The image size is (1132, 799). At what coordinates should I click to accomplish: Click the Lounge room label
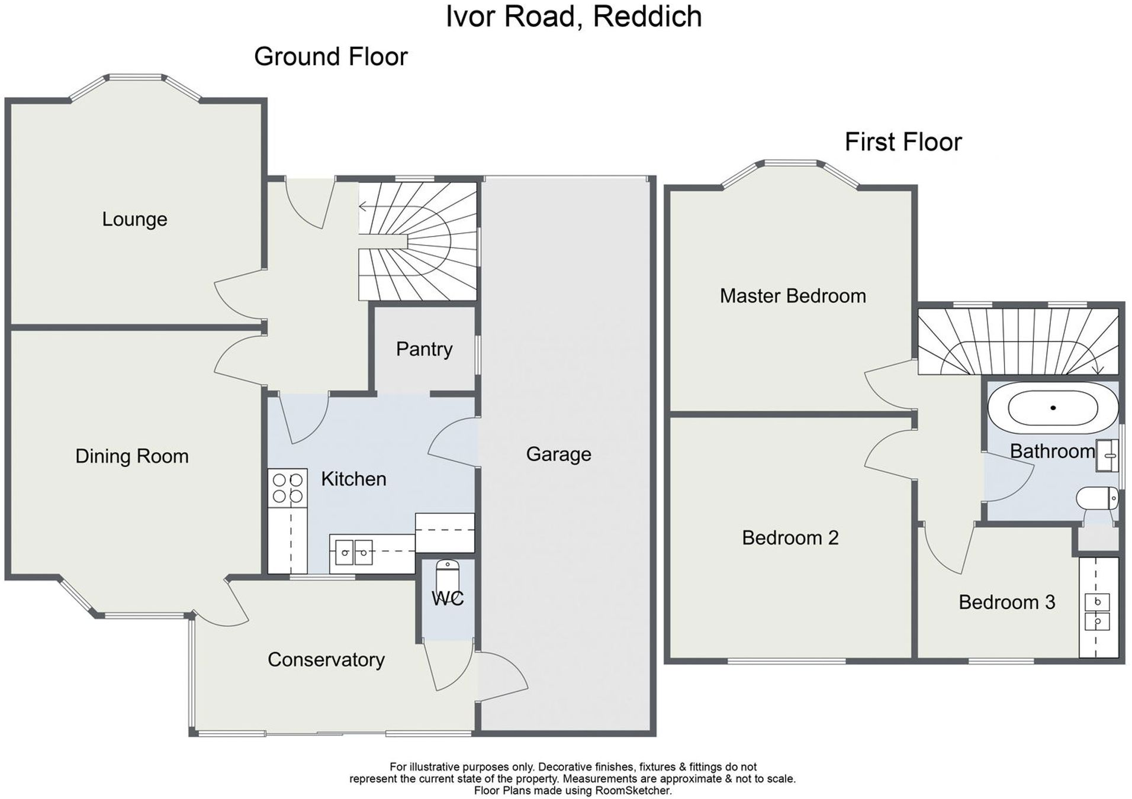click(134, 219)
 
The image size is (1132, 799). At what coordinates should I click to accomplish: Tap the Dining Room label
click(131, 456)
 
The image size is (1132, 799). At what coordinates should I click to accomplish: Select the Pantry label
click(424, 349)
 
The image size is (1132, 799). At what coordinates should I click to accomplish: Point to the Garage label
click(558, 454)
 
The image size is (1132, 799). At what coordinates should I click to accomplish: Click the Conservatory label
click(326, 659)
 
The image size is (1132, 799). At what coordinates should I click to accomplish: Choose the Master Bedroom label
click(792, 296)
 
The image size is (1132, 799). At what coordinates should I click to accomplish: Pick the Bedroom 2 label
click(790, 537)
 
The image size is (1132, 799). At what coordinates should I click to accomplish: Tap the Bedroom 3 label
click(1006, 602)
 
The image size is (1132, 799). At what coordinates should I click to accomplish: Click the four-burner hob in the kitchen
click(287, 488)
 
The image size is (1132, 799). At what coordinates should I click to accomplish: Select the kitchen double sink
click(353, 553)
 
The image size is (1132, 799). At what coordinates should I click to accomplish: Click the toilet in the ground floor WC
click(447, 574)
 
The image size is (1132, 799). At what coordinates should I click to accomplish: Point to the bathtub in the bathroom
click(1052, 408)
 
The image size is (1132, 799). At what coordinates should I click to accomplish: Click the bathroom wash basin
click(1106, 456)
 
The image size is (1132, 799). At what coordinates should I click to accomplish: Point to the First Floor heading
click(903, 142)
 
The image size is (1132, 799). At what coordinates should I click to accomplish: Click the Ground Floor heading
click(330, 57)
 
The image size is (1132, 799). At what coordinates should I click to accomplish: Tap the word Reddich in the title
click(647, 16)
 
